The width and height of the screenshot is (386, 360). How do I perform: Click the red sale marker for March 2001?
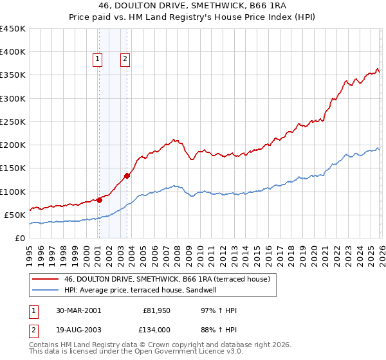(100, 200)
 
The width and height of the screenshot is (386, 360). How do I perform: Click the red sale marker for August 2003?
(127, 175)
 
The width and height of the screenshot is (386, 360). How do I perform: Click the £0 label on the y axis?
(19, 238)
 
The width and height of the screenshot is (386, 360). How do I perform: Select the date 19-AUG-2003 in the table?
(78, 329)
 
